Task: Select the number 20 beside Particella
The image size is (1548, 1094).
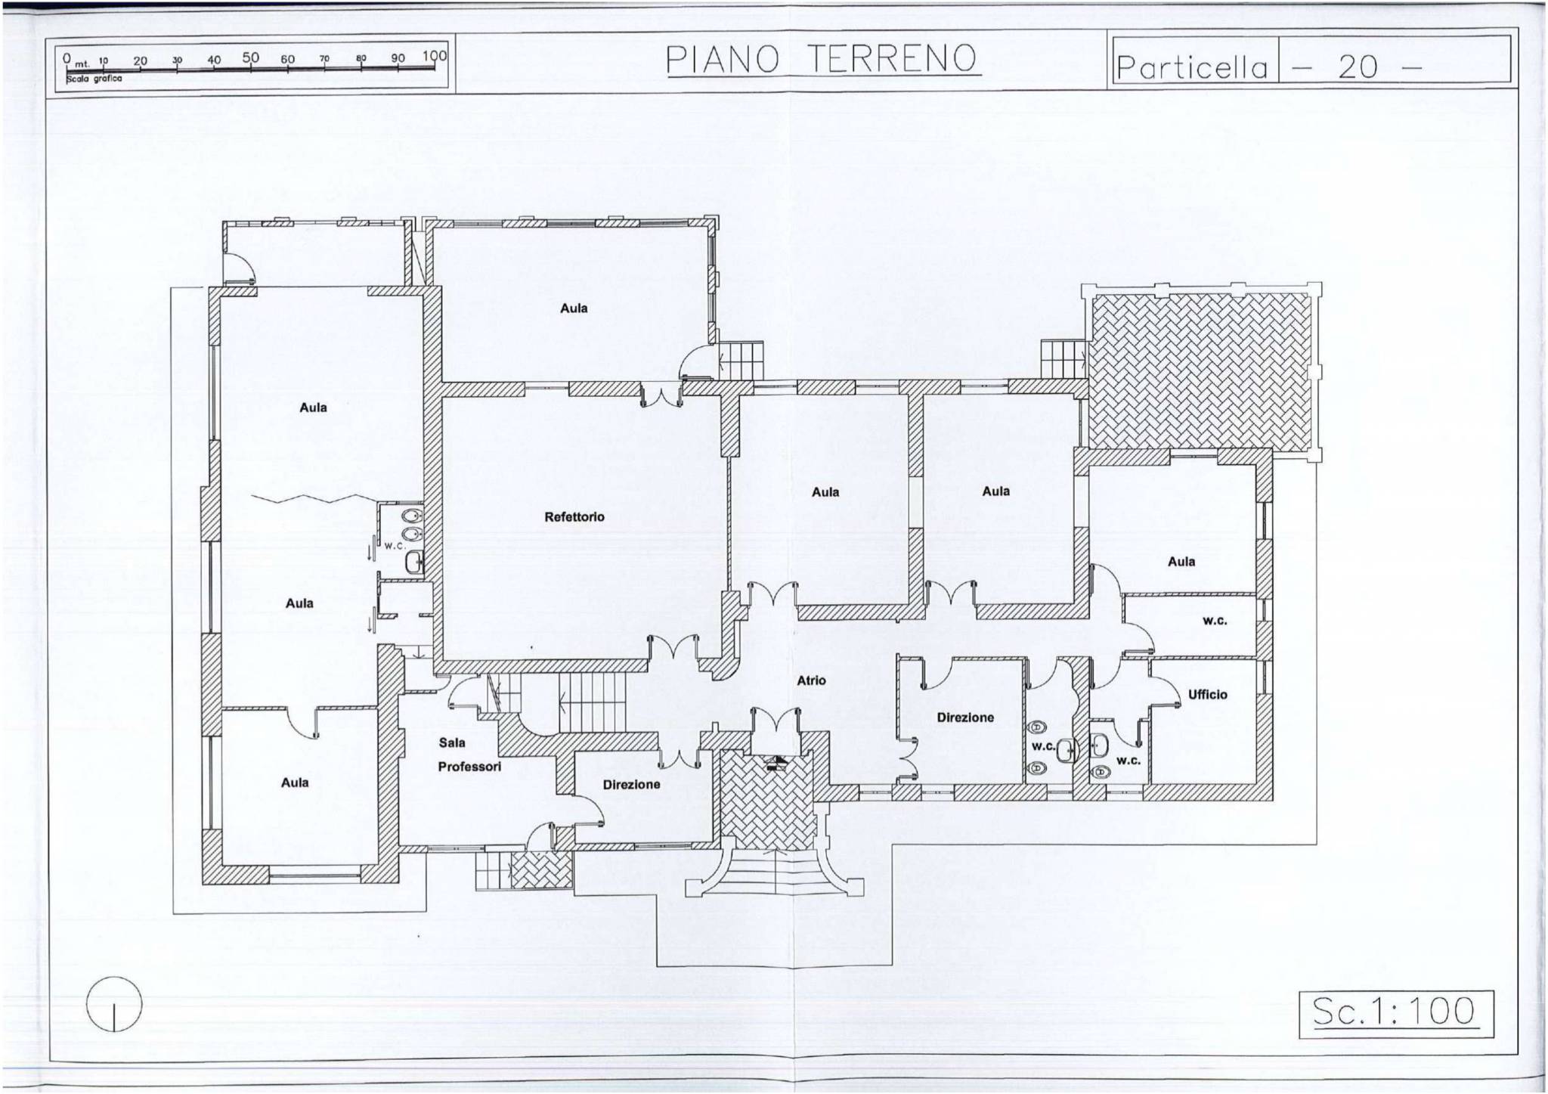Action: pos(1358,67)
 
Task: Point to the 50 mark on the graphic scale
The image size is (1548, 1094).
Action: pos(251,57)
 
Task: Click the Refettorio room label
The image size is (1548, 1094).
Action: pos(574,517)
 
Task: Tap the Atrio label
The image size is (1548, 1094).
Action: pos(811,680)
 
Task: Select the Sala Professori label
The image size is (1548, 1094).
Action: pos(469,755)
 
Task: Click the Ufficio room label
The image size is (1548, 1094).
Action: pos(1208,694)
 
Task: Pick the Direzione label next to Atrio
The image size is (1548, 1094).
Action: pos(965,717)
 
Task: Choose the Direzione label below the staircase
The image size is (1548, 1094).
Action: pos(631,785)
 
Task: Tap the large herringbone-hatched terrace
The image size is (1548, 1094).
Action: pos(1203,370)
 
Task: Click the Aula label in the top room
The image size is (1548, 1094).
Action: pos(574,308)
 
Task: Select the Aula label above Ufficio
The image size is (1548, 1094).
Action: pos(1181,562)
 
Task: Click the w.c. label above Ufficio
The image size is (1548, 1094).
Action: pos(1215,621)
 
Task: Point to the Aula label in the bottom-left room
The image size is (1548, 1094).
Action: pos(295,783)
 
